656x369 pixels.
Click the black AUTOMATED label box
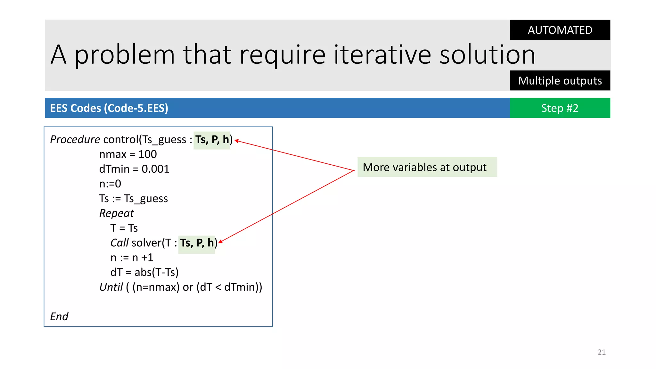pos(560,30)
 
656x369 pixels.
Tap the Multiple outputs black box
pos(560,80)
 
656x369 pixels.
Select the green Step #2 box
pos(560,108)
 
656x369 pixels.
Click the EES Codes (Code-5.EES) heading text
pos(109,108)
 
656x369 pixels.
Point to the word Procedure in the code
pos(75,140)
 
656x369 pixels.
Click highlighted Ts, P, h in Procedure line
pos(212,140)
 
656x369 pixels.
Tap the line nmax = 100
pos(128,154)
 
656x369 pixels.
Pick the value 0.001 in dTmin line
pos(155,169)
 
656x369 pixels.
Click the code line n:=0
pos(110,184)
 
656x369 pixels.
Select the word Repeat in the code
pos(116,213)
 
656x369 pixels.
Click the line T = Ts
pos(124,228)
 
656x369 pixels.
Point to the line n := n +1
pos(132,258)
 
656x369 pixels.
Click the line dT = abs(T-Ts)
pos(144,272)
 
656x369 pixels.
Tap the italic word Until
pos(111,287)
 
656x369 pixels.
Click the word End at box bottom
pos(59,316)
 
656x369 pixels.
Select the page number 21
pos(601,352)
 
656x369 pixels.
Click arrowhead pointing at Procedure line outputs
pos(236,141)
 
